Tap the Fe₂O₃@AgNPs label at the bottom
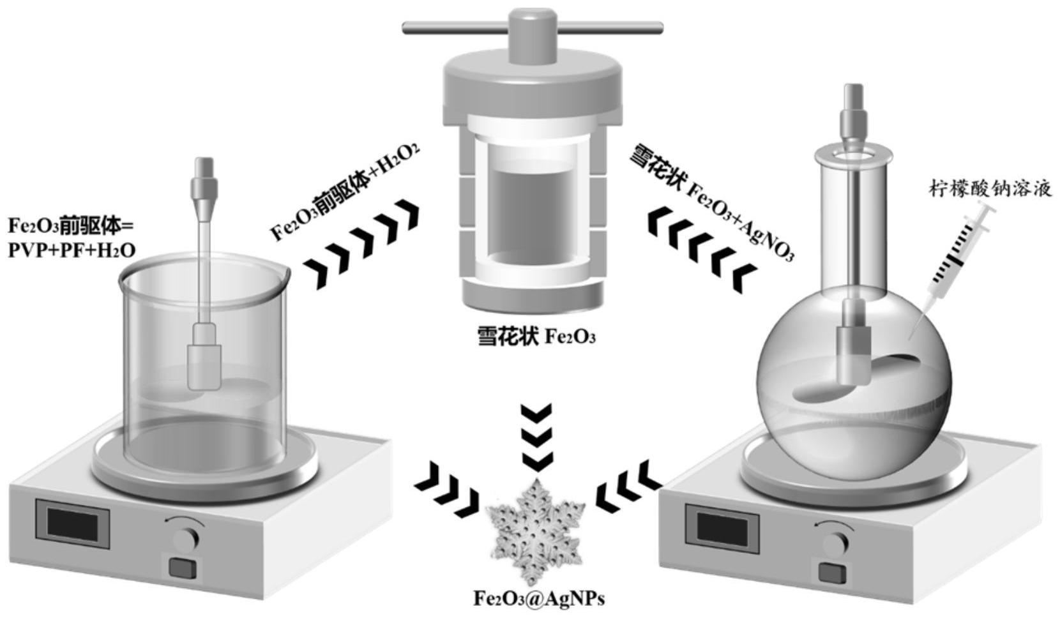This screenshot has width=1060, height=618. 538,598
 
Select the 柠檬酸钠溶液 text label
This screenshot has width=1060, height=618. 989,190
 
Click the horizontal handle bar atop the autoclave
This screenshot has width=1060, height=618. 532,27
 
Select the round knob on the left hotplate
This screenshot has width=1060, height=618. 186,539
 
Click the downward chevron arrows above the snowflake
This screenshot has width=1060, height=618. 535,437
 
